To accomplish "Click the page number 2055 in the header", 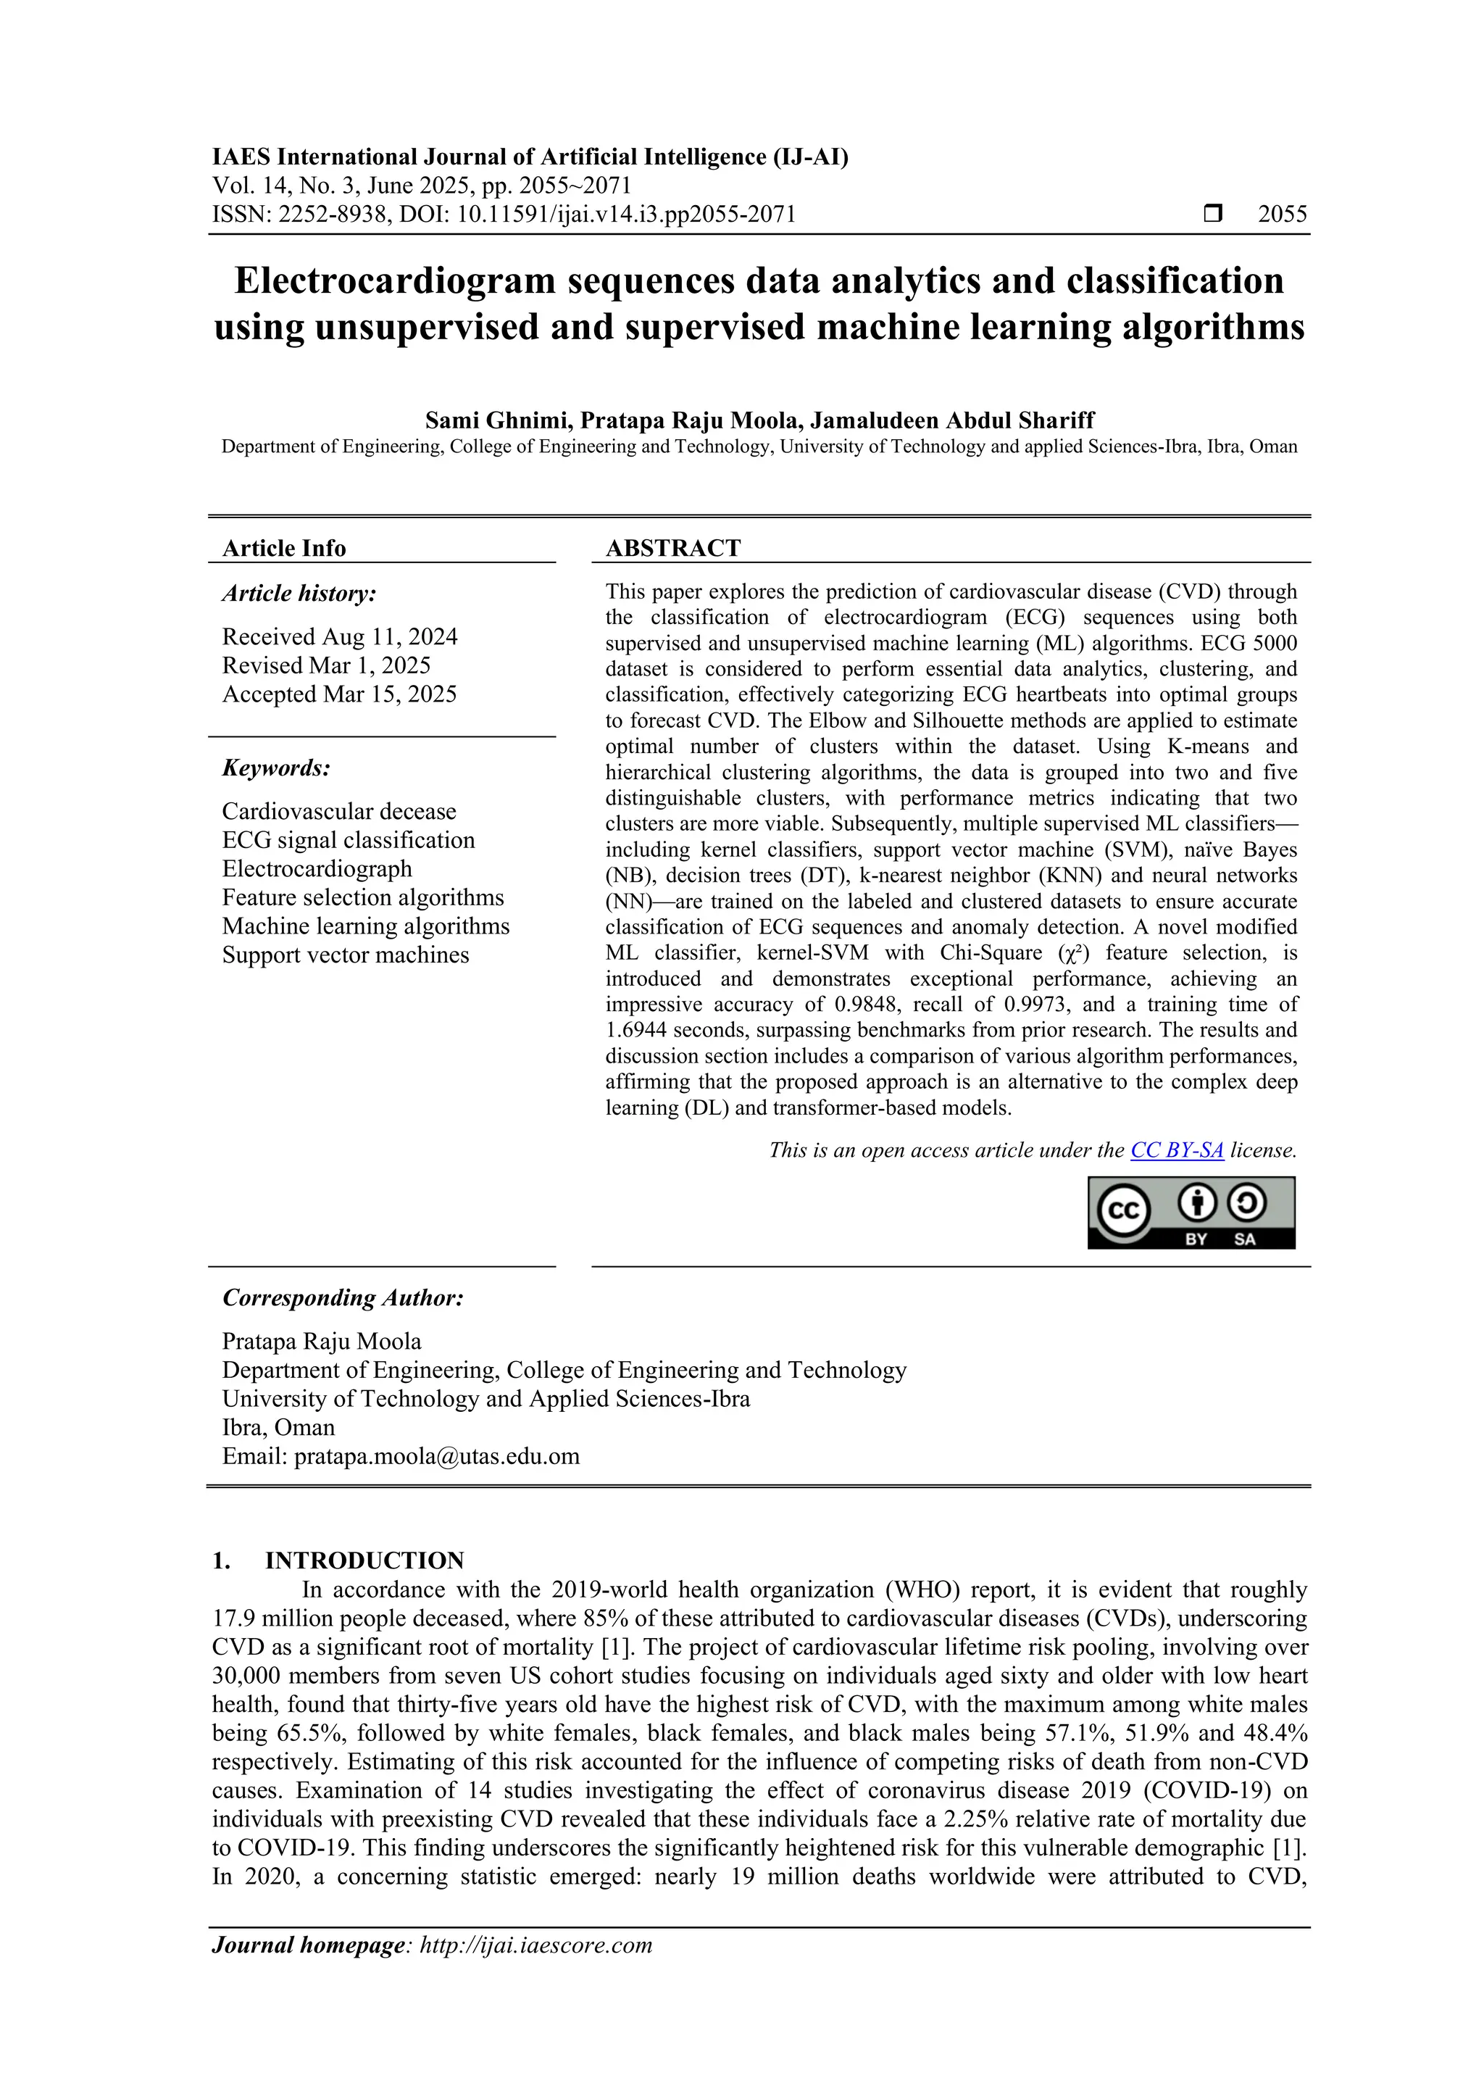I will [x=1282, y=215].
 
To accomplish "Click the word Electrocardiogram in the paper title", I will [x=395, y=280].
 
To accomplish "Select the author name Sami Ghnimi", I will [x=498, y=420].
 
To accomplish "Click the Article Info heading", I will [x=284, y=549].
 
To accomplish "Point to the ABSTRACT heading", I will [x=673, y=549].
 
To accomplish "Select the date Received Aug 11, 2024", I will [x=340, y=637].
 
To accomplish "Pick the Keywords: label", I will [x=276, y=768].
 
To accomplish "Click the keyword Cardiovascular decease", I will [x=339, y=812].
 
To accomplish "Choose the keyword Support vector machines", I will [x=346, y=955].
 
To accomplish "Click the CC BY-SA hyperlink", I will [x=1177, y=1151].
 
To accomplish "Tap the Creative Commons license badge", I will [x=1191, y=1213].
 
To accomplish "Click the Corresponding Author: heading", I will [x=343, y=1298].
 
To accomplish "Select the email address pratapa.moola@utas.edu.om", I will [x=437, y=1456].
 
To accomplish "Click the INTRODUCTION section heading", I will [x=364, y=1560].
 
